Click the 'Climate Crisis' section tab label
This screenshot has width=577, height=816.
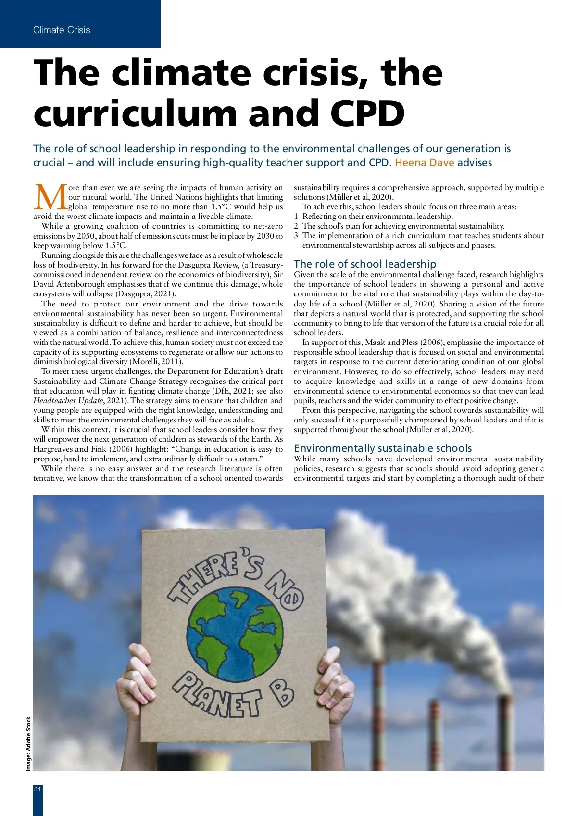(62, 30)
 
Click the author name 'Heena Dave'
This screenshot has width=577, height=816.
(424, 163)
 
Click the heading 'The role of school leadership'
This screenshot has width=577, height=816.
(365, 264)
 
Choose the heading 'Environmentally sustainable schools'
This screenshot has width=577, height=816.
(383, 448)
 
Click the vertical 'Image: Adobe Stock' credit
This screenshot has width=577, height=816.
(28, 744)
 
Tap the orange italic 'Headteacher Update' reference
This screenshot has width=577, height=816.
(68, 401)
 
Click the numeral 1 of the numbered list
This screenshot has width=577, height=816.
(296, 217)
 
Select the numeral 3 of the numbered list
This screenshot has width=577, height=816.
(296, 236)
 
